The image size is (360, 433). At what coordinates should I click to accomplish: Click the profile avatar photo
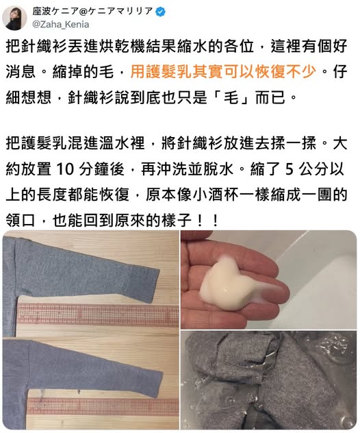[14, 18]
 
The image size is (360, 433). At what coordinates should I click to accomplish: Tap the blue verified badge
[161, 12]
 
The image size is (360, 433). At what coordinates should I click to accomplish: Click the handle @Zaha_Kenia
[61, 25]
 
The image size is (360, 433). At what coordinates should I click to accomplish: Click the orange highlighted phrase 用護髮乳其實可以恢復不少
[223, 71]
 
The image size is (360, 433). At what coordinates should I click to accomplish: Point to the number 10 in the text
[65, 169]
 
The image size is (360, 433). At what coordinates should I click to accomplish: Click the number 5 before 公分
[289, 169]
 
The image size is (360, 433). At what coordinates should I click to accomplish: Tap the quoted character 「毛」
[231, 97]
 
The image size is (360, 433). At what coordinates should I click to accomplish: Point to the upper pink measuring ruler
[98, 314]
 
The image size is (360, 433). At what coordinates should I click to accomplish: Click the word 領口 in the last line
[21, 221]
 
